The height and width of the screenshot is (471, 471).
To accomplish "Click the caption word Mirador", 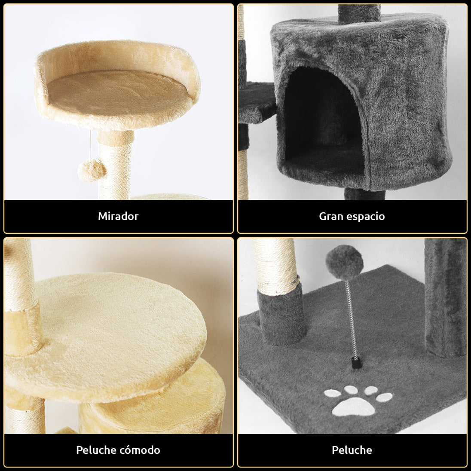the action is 118,216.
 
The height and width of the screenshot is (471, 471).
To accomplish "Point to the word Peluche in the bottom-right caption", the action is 352,450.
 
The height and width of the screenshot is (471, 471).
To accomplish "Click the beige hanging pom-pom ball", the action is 92,170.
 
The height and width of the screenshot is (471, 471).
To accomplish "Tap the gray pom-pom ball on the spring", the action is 344,262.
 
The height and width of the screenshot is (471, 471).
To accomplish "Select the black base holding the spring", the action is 356,363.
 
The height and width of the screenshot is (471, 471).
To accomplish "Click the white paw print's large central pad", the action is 354,407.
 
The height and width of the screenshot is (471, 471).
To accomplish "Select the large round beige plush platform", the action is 111,336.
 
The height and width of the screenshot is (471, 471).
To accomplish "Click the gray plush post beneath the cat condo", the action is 364,194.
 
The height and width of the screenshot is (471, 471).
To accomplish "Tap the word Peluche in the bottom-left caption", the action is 96,450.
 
